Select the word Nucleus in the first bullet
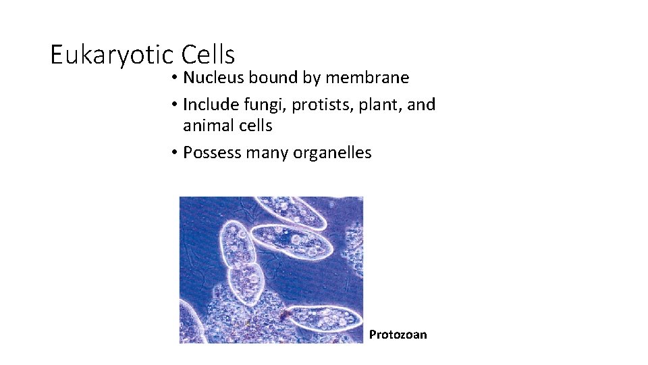click(x=214, y=78)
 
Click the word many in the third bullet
click(x=267, y=153)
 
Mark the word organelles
click(x=332, y=153)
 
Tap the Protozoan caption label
click(x=398, y=335)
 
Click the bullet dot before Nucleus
click(x=174, y=78)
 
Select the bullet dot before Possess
click(x=174, y=153)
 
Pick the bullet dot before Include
click(x=174, y=105)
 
